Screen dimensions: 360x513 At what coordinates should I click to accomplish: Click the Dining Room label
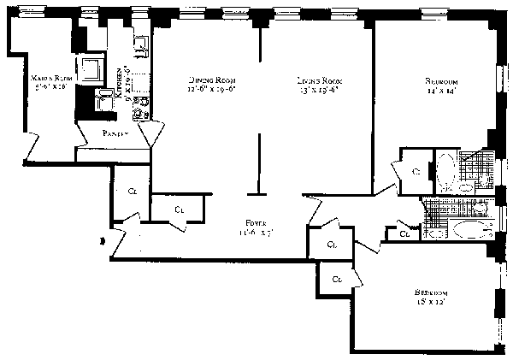(206, 80)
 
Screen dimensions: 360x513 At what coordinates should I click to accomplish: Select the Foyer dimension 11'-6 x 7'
(253, 233)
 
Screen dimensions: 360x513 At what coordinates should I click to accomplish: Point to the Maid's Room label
(49, 76)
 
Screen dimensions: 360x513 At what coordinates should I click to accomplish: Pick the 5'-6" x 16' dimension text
(49, 86)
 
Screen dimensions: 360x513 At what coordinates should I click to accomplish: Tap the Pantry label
(116, 133)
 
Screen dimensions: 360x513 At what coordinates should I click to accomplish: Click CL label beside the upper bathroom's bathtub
(416, 172)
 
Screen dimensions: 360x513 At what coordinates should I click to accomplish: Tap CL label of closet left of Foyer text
(179, 209)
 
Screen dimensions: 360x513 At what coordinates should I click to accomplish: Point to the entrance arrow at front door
(104, 241)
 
